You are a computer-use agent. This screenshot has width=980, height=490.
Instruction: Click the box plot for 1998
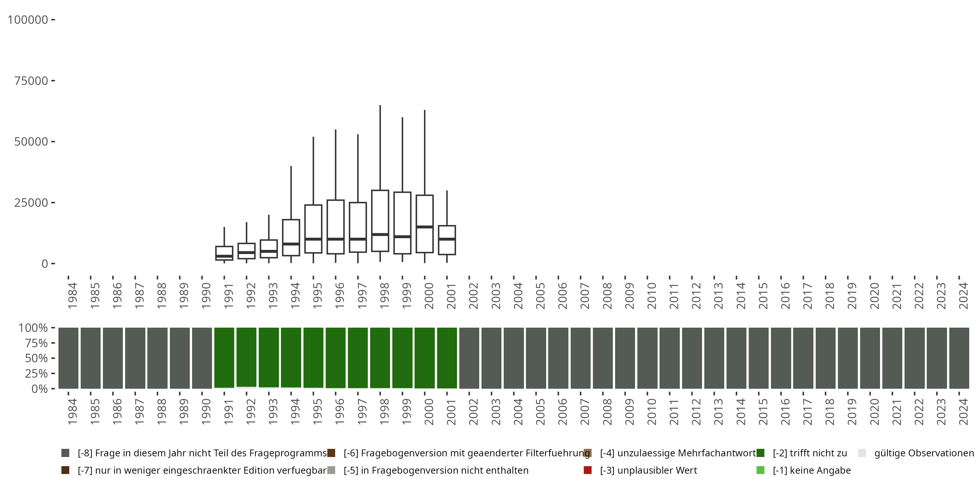point(380,220)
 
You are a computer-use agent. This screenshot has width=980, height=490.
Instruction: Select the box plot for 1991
point(224,253)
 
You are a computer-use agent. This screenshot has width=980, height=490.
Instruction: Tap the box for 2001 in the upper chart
point(447,240)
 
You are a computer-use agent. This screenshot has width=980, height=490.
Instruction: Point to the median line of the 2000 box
point(425,227)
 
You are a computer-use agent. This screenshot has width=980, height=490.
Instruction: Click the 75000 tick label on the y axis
point(31,81)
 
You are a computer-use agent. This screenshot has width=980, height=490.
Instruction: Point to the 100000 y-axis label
point(28,20)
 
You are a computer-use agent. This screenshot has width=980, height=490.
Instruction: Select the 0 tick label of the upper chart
point(45,264)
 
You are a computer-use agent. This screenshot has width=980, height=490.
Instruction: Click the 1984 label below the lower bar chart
point(72,411)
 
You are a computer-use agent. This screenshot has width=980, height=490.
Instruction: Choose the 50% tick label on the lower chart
point(36,358)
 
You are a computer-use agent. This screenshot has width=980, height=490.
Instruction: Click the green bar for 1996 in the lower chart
point(335,358)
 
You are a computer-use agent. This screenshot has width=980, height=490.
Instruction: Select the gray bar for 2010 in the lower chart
point(647,358)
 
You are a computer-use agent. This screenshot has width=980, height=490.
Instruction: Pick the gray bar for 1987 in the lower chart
point(135,358)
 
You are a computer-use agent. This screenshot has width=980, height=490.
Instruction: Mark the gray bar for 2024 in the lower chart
point(959,358)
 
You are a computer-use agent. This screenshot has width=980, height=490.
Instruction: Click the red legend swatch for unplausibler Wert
point(587,470)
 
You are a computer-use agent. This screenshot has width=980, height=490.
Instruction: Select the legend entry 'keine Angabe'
point(812,470)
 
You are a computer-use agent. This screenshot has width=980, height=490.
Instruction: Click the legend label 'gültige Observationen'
point(924,453)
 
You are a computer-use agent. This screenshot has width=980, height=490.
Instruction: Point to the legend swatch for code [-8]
point(65,453)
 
